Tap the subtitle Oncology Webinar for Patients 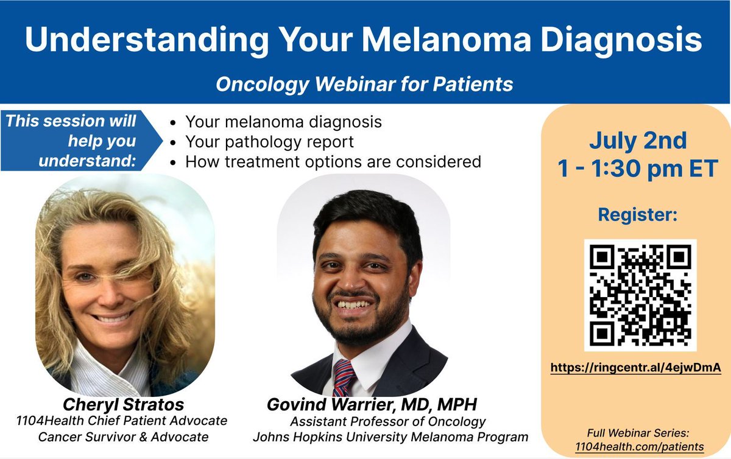(364, 83)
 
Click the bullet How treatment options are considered (333, 162)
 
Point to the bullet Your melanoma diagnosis (283, 122)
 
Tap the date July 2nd (637, 141)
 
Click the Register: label (637, 214)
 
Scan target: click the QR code (640, 295)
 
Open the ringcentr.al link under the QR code (636, 368)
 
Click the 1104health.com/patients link (639, 446)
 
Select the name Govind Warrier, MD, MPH (363, 405)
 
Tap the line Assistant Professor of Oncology (387, 421)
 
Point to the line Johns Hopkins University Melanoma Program (390, 436)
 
